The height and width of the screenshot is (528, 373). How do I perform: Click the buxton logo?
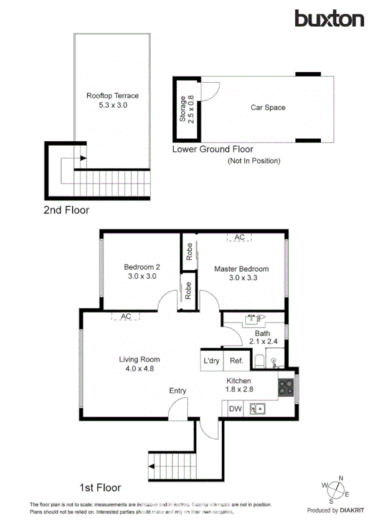click(x=329, y=19)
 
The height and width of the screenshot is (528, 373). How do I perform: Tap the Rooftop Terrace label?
click(x=112, y=96)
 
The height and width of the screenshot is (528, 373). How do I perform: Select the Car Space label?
click(x=268, y=108)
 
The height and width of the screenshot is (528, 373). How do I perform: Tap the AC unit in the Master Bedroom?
click(x=239, y=237)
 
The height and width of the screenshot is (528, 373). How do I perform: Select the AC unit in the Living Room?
click(x=126, y=316)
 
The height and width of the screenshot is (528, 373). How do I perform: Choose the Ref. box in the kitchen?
click(x=236, y=361)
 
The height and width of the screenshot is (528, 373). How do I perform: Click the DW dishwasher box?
click(x=235, y=409)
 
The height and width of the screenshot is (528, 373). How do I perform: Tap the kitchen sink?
click(x=258, y=409)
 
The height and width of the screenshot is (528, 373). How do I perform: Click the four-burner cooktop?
click(x=286, y=387)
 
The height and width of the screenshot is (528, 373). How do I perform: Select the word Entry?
click(x=178, y=390)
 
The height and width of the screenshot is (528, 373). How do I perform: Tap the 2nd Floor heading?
click(x=66, y=210)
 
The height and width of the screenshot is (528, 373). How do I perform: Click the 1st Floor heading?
click(x=100, y=488)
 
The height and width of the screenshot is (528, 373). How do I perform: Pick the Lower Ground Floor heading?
click(x=212, y=149)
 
